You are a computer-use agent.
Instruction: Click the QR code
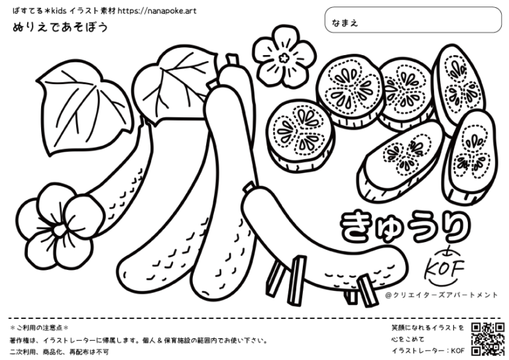coord(488,339)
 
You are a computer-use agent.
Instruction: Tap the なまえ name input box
coord(414,20)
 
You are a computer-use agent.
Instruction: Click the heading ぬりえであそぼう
coord(60,27)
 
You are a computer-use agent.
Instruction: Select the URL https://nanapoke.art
coord(157,11)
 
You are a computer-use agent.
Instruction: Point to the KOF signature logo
coord(445,267)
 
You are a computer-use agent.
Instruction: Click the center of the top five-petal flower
coord(284,58)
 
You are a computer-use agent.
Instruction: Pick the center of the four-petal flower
coord(59,231)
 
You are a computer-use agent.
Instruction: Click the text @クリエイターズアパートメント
coord(441,295)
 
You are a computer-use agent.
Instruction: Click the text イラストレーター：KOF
coord(428,351)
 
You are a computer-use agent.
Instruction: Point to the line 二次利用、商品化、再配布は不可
coord(59,351)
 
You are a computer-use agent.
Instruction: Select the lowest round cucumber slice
coord(300,136)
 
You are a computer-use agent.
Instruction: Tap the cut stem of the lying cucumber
coord(249,188)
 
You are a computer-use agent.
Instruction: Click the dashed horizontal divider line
coord(254,319)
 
